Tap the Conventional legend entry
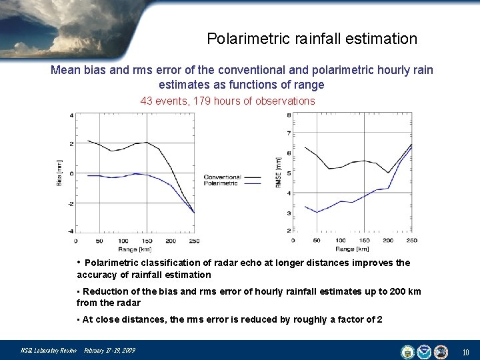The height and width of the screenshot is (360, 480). (x=223, y=177)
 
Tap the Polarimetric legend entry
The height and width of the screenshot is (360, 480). (x=221, y=182)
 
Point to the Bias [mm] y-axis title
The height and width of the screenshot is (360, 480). (x=59, y=173)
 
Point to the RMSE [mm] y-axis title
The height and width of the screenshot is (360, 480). (x=278, y=172)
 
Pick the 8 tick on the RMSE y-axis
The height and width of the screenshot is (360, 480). (x=288, y=115)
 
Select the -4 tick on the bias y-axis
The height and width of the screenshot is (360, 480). (x=71, y=231)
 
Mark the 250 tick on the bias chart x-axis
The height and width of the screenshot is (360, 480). (x=194, y=241)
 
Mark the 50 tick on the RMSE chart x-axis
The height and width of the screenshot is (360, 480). (x=317, y=240)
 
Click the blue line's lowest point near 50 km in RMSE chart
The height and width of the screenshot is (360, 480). (x=318, y=212)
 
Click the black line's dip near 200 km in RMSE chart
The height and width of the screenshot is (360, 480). (x=389, y=173)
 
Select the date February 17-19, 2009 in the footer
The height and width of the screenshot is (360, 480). (x=109, y=351)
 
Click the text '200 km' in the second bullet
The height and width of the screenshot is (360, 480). (x=407, y=291)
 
